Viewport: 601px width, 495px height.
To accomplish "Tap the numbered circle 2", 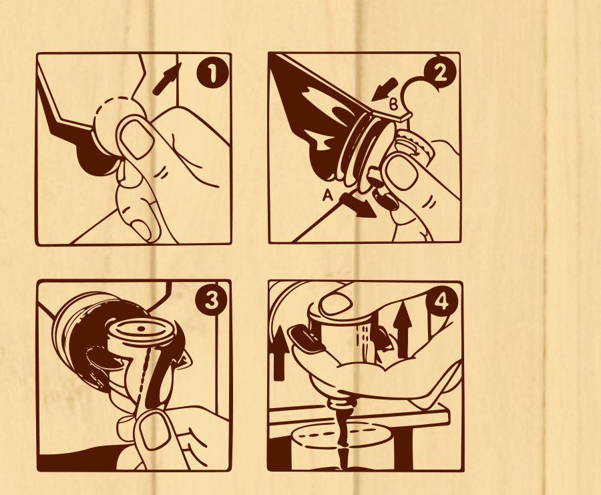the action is [440, 73].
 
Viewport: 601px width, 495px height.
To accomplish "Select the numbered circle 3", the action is [211, 300].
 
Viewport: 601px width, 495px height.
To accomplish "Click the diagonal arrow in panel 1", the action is [166, 79].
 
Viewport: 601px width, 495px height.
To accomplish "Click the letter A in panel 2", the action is [327, 196].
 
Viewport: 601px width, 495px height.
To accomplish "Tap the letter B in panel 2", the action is [393, 104].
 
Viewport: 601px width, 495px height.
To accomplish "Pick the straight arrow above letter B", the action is [385, 90].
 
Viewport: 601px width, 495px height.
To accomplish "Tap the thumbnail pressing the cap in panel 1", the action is [137, 138].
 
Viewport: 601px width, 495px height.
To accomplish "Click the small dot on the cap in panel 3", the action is [141, 329].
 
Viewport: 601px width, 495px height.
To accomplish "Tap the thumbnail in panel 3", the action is [155, 430].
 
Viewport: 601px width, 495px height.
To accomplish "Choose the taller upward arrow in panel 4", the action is [402, 329].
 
